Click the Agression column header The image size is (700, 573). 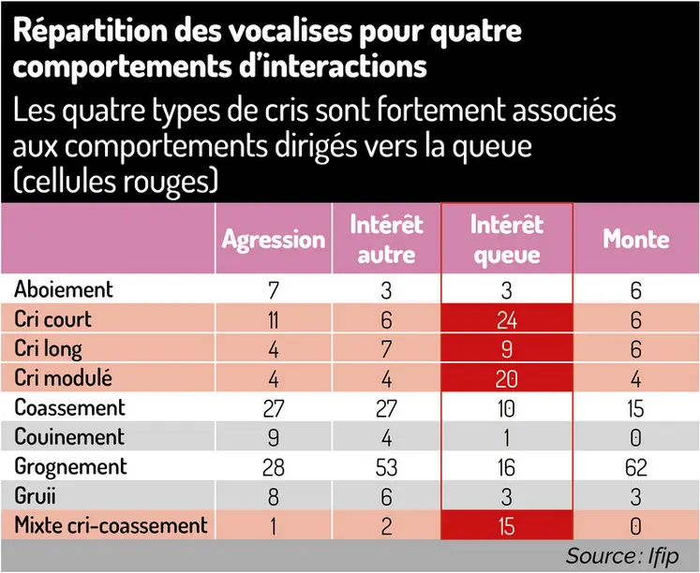tap(273, 239)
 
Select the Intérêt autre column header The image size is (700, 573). tap(387, 239)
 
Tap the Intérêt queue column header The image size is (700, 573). tap(506, 239)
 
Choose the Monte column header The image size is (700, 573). tap(635, 239)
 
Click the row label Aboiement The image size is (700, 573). tap(64, 289)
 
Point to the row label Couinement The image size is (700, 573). tap(69, 436)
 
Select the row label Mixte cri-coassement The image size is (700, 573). tap(111, 524)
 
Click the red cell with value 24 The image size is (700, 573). tap(506, 319)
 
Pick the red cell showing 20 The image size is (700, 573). tap(506, 378)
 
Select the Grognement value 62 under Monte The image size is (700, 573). tap(635, 466)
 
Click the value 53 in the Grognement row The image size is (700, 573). tap(387, 466)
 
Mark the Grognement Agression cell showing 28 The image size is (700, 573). tap(273, 466)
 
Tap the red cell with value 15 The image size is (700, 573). tap(506, 525)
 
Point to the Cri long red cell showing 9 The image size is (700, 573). tap(506, 349)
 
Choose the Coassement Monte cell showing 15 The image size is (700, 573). tap(635, 408)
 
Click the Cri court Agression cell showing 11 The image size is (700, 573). tap(273, 319)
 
